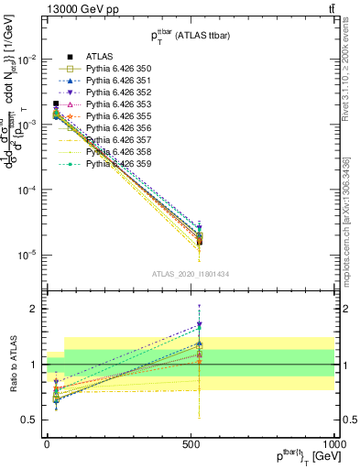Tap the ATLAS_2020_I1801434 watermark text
pyautogui.click(x=191, y=274)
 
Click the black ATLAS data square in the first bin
pyautogui.click(x=56, y=104)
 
